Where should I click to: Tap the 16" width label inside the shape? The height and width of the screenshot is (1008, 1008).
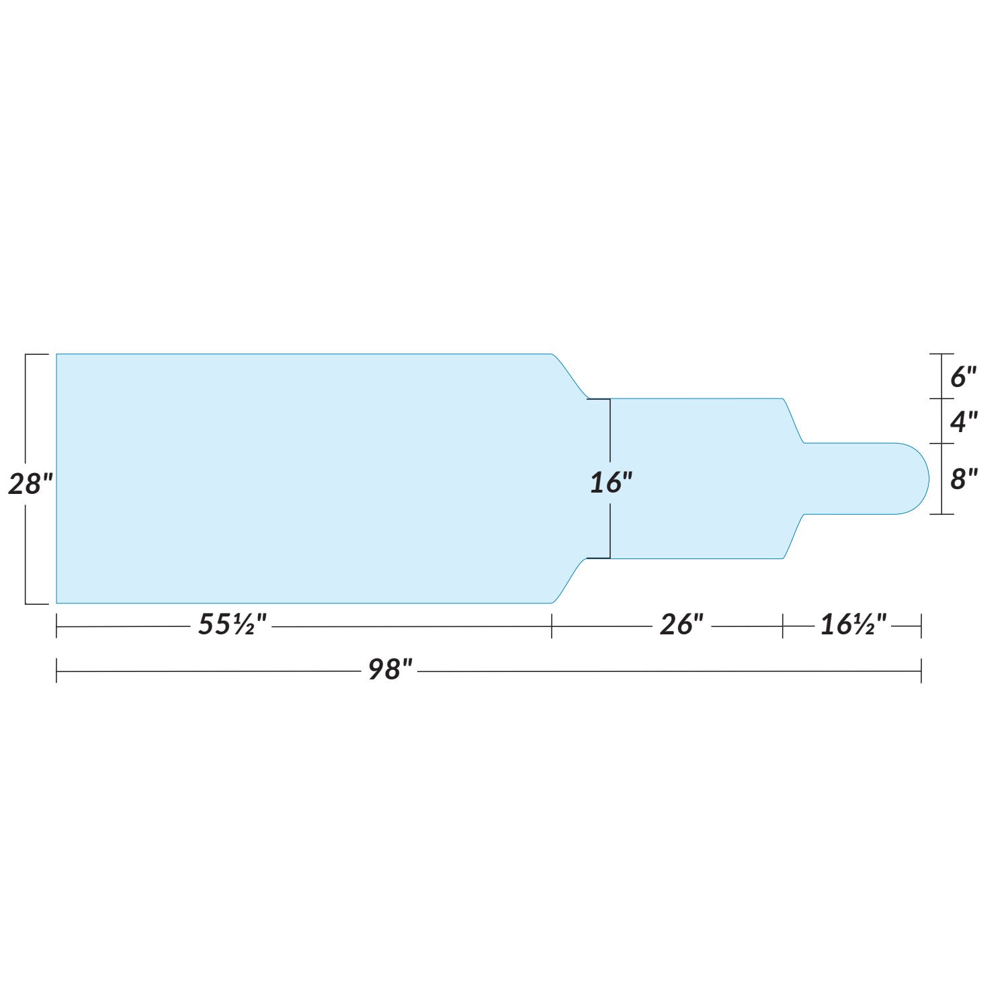(x=611, y=482)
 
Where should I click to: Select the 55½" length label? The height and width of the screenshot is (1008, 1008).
(x=232, y=625)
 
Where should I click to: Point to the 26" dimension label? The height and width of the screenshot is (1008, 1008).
(x=681, y=625)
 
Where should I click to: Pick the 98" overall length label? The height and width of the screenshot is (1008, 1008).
(x=390, y=669)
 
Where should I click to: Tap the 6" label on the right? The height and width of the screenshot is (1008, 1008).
(x=962, y=377)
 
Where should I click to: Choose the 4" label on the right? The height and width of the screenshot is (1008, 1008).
(x=963, y=422)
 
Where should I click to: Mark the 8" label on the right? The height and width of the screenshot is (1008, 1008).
(x=963, y=479)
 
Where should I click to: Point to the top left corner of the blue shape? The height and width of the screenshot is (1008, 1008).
(x=57, y=354)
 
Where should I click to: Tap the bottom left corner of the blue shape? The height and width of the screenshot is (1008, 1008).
(x=57, y=603)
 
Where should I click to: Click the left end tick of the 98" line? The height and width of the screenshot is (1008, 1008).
(x=56, y=671)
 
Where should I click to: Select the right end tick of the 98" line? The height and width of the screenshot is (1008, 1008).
(x=921, y=671)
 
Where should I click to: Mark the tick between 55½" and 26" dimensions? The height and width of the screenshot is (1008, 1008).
(x=552, y=626)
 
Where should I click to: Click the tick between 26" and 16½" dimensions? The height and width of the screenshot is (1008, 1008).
(x=783, y=626)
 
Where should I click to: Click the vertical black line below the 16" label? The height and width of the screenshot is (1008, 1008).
(x=610, y=528)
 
